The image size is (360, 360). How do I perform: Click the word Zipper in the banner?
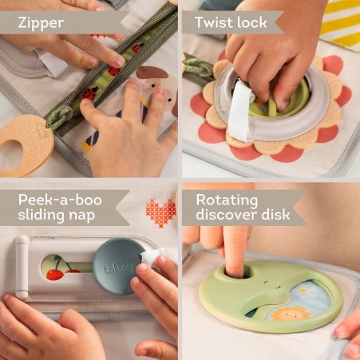(41, 23)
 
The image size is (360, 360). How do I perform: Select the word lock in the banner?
(252, 22)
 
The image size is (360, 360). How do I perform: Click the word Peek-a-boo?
(60, 200)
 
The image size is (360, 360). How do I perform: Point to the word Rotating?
(227, 201)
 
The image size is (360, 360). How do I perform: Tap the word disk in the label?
(275, 214)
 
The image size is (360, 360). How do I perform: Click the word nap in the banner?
(81, 216)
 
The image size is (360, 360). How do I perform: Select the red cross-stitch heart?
(160, 212)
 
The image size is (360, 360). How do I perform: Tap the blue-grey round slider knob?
(118, 267)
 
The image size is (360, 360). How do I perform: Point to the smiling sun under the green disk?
(290, 315)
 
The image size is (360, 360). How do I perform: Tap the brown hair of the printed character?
(152, 72)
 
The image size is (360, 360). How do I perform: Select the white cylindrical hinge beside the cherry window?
(22, 267)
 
